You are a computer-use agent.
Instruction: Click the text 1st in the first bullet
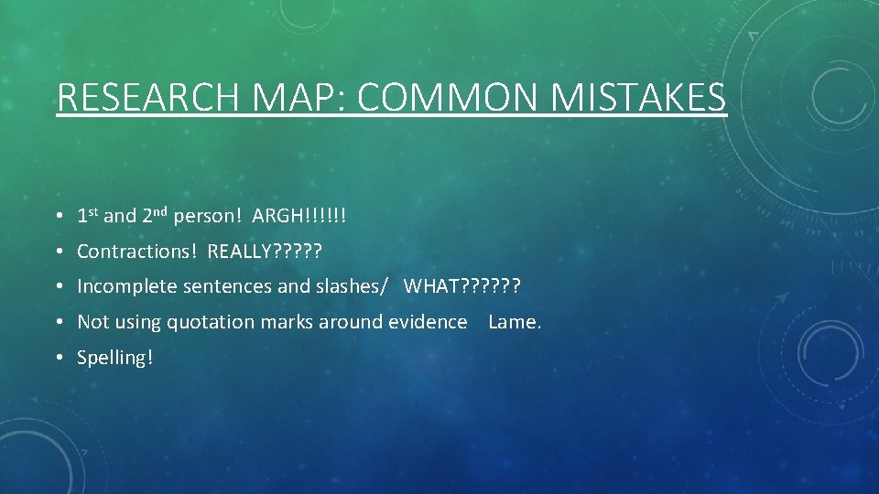[x=88, y=216]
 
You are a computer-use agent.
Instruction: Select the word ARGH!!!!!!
[x=299, y=216]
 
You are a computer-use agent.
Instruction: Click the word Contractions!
[x=137, y=251]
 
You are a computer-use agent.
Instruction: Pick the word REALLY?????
[x=266, y=251]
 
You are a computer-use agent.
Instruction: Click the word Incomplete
[x=127, y=286]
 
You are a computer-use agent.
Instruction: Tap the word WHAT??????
[x=462, y=286]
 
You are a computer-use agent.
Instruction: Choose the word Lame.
[x=515, y=322]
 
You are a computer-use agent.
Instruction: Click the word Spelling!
[x=115, y=358]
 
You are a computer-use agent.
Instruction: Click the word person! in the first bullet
[x=209, y=217]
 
